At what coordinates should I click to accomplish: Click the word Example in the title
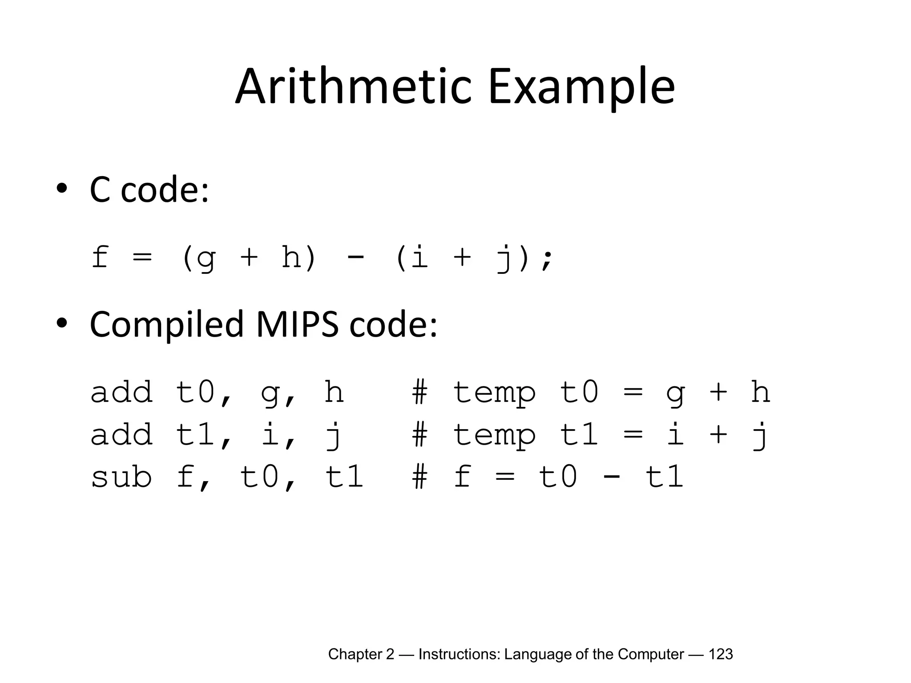(581, 87)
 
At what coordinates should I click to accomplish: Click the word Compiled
(167, 325)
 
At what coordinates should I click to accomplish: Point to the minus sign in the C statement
(355, 258)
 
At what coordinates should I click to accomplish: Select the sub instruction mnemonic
(121, 477)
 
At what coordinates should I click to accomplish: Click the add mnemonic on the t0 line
(121, 392)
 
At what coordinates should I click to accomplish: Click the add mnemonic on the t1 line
(121, 434)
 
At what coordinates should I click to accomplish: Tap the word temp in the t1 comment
(494, 435)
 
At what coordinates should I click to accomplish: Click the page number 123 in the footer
(720, 654)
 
